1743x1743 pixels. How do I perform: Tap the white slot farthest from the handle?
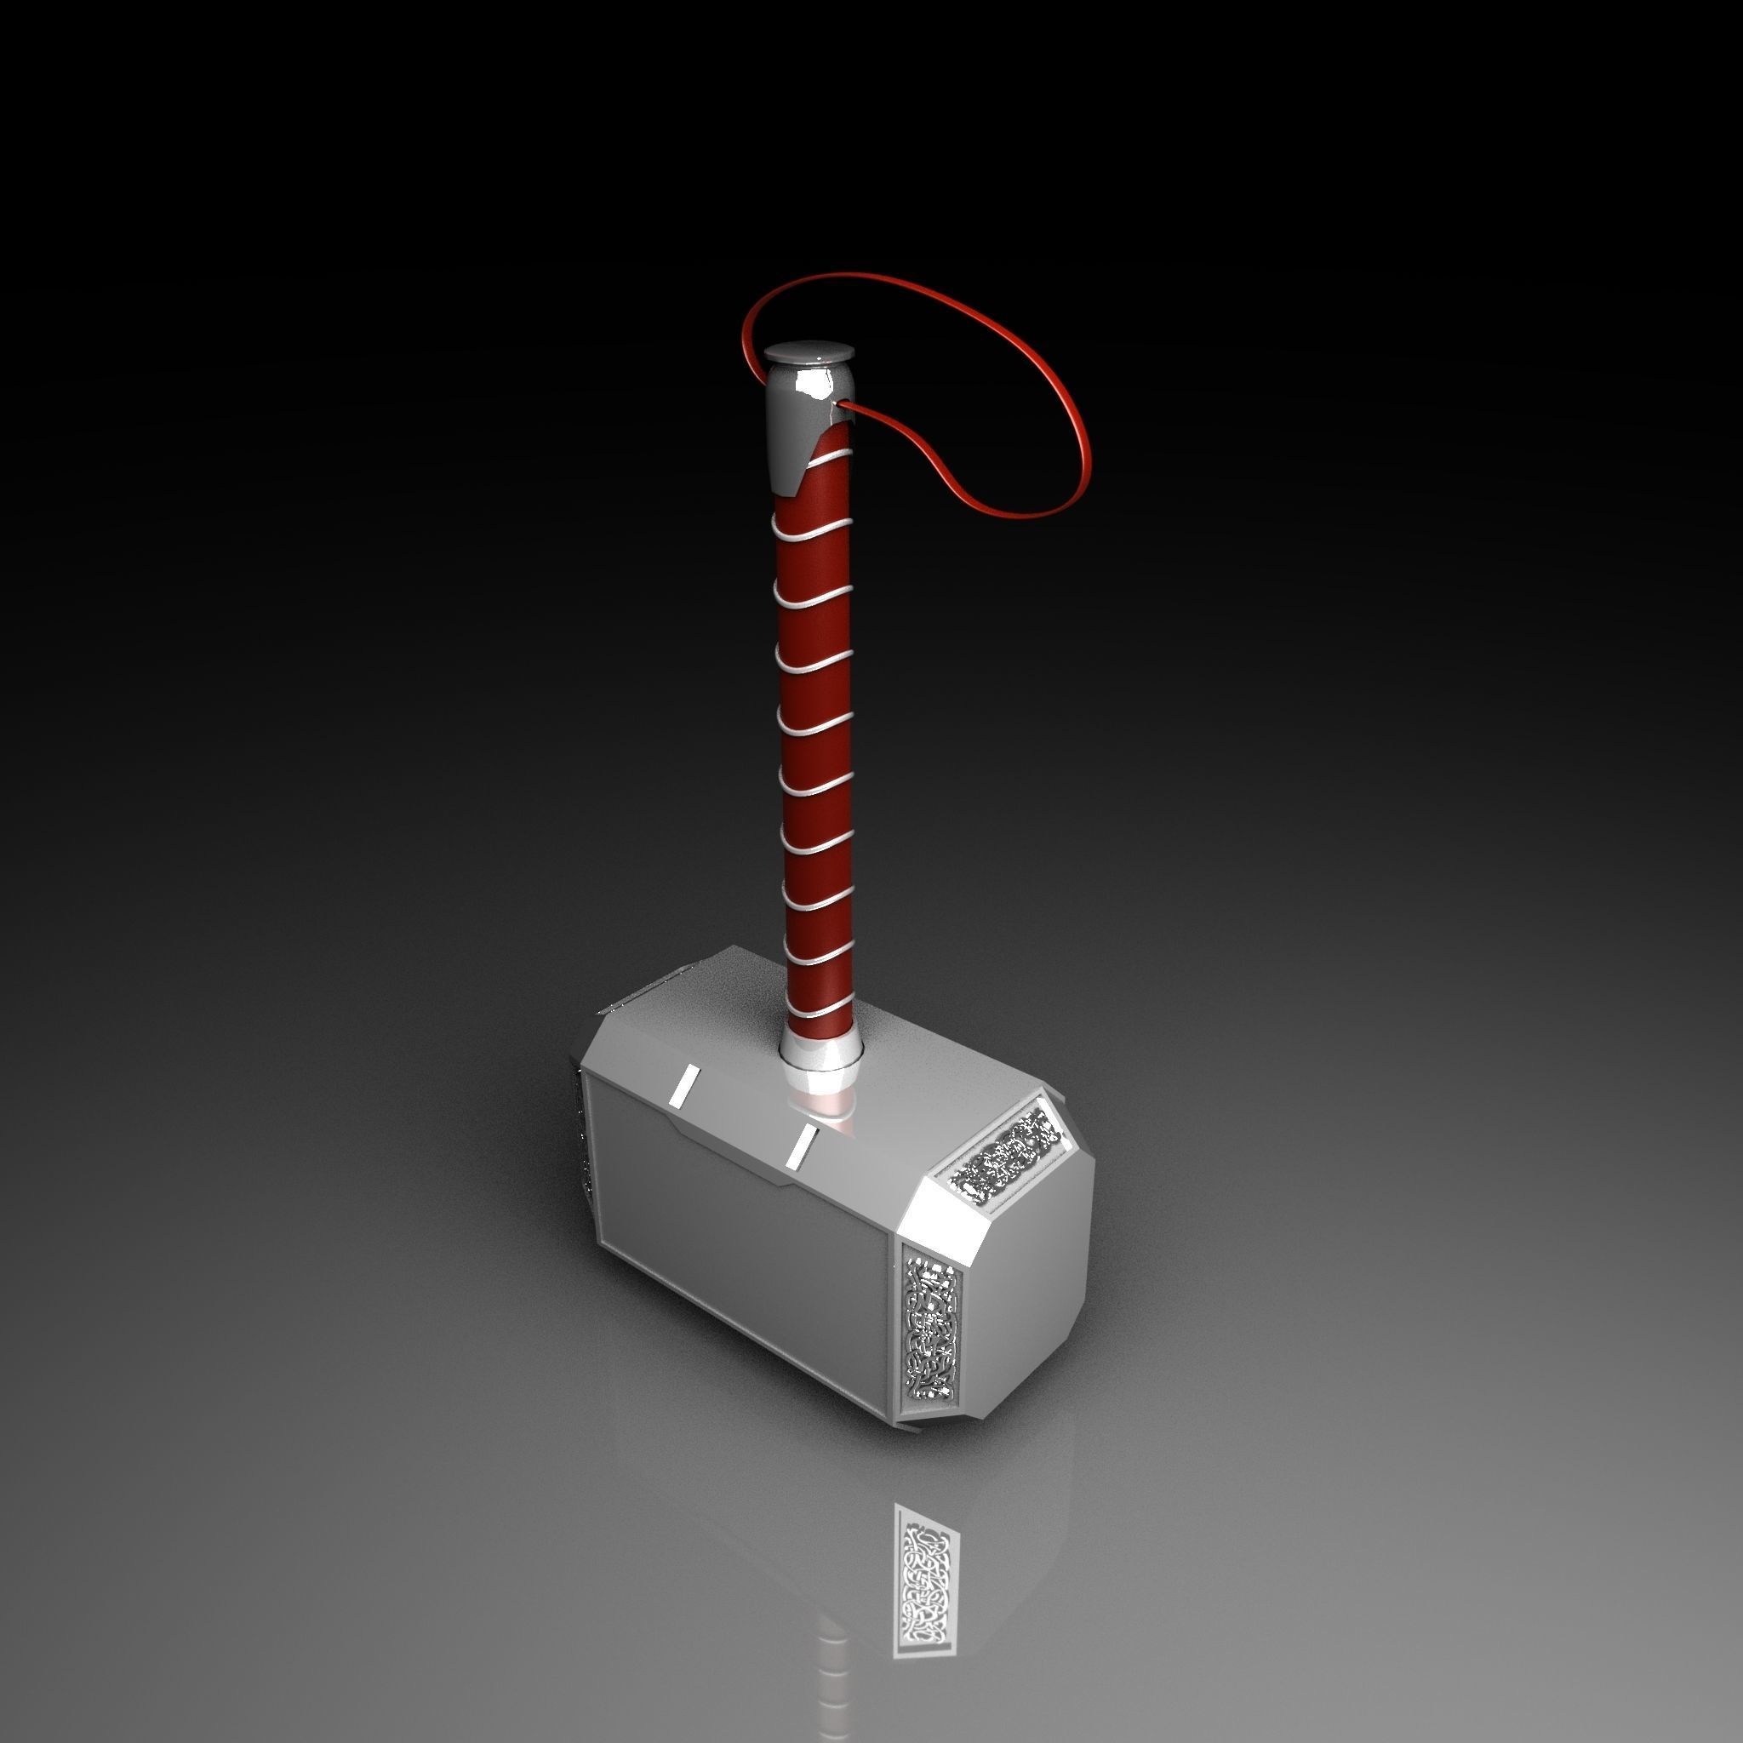tap(684, 1083)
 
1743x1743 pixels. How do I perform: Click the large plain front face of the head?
tap(740, 1245)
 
